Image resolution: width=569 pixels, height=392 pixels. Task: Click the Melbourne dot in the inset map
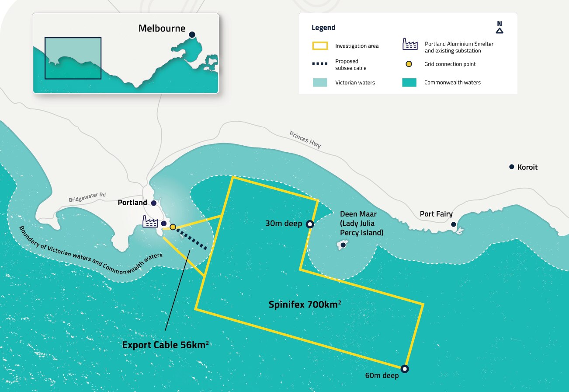(192, 34)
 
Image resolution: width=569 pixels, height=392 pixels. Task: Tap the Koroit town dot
(511, 167)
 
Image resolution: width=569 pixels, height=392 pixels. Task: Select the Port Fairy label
(436, 214)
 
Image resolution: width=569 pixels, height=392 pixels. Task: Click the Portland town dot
(154, 203)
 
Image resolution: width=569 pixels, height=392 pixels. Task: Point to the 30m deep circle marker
(310, 224)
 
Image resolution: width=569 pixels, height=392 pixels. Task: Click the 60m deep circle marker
(405, 368)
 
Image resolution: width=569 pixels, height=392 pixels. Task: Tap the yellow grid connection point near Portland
(173, 227)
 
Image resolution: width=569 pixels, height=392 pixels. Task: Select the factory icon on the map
(150, 221)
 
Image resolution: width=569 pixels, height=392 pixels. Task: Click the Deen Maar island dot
(343, 245)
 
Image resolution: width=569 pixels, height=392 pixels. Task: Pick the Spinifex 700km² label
(305, 304)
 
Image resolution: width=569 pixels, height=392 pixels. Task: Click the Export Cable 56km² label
(165, 345)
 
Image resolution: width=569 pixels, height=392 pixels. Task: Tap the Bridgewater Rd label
(87, 198)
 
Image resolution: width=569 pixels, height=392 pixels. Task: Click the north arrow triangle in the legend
(500, 31)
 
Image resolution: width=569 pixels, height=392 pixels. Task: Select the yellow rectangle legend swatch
(320, 45)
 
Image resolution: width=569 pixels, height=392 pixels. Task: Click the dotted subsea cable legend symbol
(320, 64)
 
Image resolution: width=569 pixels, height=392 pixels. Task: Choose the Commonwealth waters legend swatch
(409, 82)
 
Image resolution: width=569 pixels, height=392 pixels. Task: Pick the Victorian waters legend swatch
(320, 82)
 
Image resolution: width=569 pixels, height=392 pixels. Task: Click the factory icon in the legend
(410, 44)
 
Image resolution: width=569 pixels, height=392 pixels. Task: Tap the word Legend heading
(323, 28)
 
